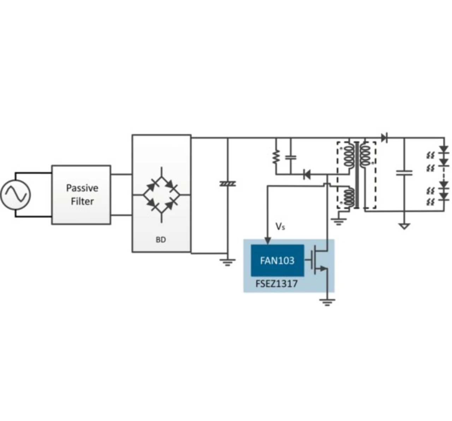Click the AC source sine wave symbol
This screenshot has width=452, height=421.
[16, 195]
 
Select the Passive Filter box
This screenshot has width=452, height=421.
[81, 195]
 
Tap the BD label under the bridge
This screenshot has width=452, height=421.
[161, 240]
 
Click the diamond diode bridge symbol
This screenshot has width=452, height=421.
[162, 195]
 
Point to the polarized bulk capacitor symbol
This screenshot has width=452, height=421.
[228, 184]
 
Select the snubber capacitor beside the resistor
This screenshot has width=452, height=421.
[291, 157]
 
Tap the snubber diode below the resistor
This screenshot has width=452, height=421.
[307, 175]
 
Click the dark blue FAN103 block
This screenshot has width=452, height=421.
[277, 260]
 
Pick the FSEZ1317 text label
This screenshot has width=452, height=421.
[276, 284]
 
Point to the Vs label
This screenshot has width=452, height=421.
[280, 226]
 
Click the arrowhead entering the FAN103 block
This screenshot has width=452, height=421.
[268, 241]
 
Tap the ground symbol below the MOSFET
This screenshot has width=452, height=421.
[327, 302]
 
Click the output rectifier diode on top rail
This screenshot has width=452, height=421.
[385, 138]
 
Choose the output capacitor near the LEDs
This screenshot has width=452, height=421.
[404, 173]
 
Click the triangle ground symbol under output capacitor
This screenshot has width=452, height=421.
[404, 226]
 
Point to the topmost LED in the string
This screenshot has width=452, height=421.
[444, 150]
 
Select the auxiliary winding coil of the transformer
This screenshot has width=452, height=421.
[349, 197]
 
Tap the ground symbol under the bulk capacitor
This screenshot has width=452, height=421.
[228, 262]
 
